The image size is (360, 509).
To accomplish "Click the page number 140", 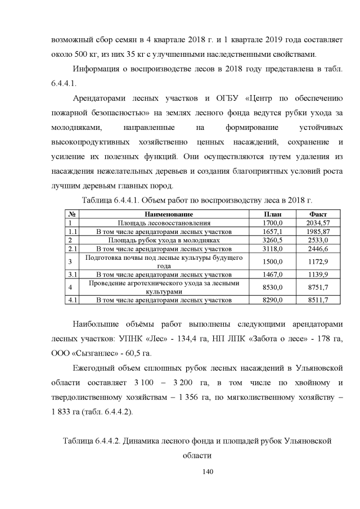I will [x=180, y=471].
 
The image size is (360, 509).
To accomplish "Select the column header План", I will [x=273, y=214].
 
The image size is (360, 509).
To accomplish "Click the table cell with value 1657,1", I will [x=273, y=231].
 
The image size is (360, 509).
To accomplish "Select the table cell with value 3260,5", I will [x=273, y=240].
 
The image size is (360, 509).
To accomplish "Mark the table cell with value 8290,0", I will [x=273, y=300].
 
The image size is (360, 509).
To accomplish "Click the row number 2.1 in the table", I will [x=72, y=248].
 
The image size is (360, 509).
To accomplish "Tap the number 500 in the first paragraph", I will [x=83, y=55].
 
